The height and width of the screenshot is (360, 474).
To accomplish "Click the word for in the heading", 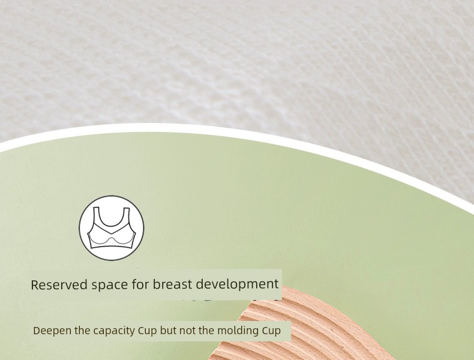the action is (140, 284).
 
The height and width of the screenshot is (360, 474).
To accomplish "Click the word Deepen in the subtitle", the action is (52, 331).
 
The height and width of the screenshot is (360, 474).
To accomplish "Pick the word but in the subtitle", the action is (169, 331).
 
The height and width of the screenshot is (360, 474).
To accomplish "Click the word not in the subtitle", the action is (187, 331).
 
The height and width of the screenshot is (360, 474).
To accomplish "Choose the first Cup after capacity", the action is (148, 331).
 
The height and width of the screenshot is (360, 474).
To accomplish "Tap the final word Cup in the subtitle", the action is (271, 331).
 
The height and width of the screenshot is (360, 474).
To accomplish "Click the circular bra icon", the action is (112, 228).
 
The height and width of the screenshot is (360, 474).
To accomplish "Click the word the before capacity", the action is (82, 331).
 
